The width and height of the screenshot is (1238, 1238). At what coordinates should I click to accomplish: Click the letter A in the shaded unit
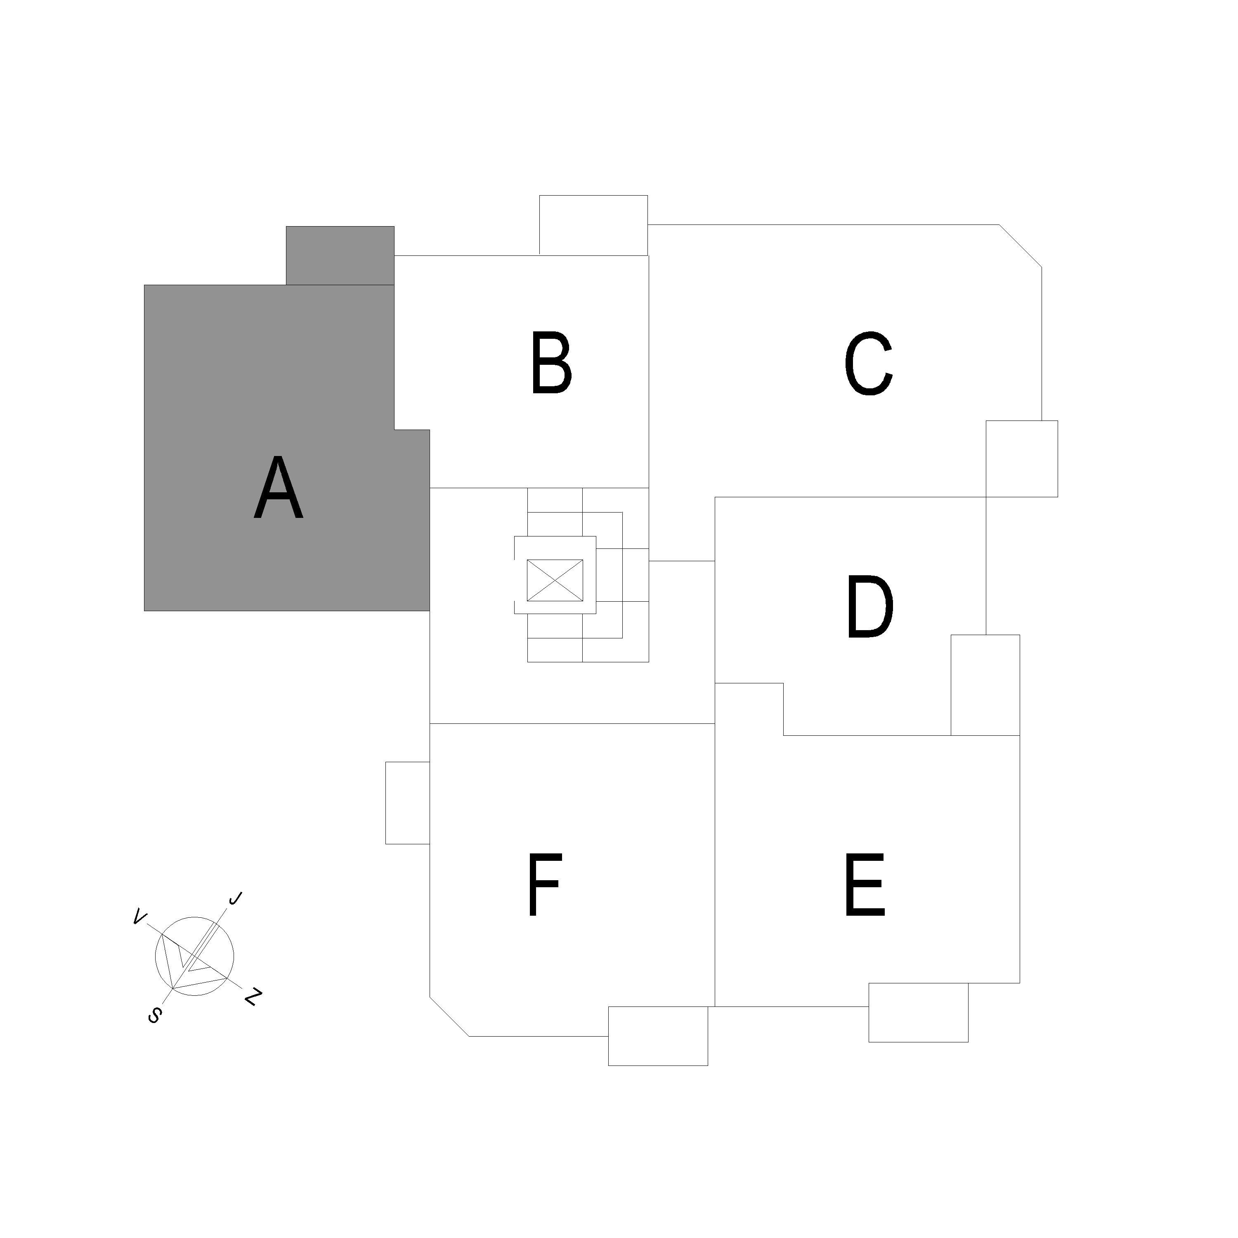tap(279, 488)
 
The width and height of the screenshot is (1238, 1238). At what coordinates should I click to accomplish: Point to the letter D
tap(870, 607)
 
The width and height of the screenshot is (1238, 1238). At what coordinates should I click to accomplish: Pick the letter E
tap(865, 884)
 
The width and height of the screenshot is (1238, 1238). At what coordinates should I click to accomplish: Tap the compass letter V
tap(138, 918)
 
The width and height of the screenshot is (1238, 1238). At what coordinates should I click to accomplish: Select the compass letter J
tap(235, 899)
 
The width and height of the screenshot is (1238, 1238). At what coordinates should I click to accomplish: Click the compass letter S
tap(154, 1015)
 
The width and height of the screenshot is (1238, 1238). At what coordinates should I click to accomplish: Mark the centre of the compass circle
tap(195, 957)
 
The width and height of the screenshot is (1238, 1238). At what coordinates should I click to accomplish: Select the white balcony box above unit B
tap(593, 225)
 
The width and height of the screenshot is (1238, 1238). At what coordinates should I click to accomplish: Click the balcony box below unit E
tap(918, 1012)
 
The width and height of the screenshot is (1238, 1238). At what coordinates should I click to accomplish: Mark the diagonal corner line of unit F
tap(449, 1016)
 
